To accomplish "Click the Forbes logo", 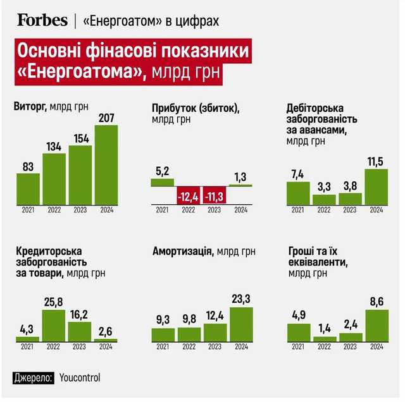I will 42,20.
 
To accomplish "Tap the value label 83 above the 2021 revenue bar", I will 27,166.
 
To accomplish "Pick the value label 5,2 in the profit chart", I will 162,171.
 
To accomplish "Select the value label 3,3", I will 324,187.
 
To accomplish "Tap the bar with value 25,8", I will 54,324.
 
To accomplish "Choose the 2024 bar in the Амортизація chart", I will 241,324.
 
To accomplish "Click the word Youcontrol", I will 79,378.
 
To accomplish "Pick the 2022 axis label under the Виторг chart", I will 54,210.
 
